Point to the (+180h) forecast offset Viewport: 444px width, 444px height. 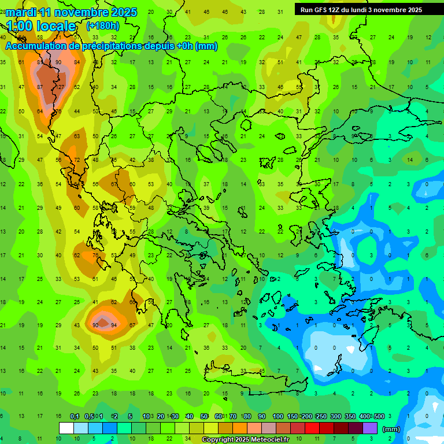[102, 26]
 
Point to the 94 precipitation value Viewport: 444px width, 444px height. [114, 325]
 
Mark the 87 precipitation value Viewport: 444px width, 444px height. [40, 87]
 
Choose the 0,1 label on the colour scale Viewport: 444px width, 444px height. [75, 416]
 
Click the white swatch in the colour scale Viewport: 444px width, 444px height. [66, 428]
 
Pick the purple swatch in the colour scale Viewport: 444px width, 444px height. [369, 428]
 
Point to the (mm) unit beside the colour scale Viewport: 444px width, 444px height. [391, 429]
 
